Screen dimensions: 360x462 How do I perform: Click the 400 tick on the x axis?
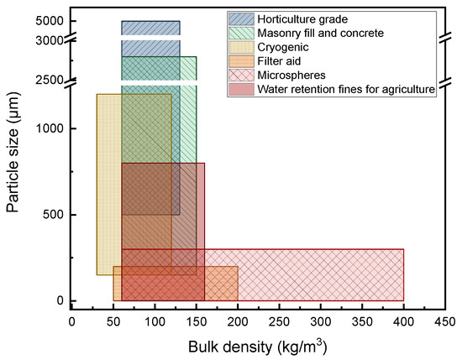click(x=403, y=321)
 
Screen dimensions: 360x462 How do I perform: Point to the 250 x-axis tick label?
click(x=279, y=321)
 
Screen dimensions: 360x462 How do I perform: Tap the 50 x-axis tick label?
click(x=113, y=321)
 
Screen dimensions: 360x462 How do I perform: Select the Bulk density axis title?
click(x=258, y=345)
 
